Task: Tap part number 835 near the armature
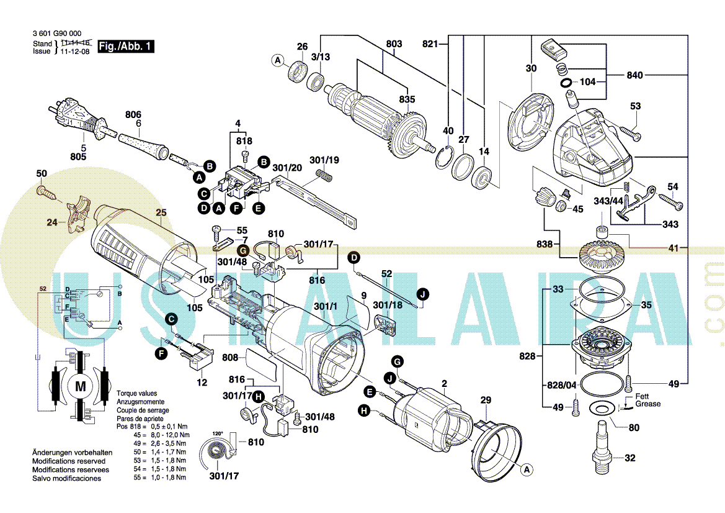pyautogui.click(x=407, y=99)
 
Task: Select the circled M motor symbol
pyautogui.click(x=81, y=386)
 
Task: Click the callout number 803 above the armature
pyautogui.click(x=394, y=44)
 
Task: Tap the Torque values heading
pyautogui.click(x=136, y=394)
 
